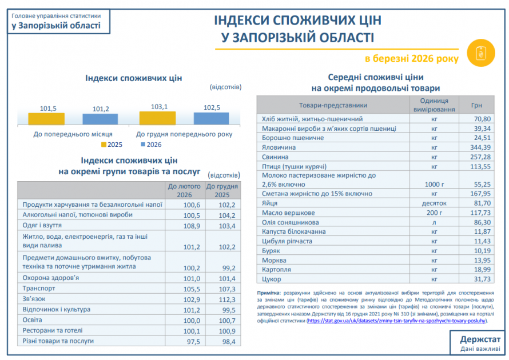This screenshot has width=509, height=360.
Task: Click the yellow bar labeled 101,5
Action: (46, 118)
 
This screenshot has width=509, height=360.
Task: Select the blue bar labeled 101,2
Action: (101, 119)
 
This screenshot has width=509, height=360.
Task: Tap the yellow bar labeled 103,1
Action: (157, 118)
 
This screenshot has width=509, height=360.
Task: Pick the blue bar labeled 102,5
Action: (211, 118)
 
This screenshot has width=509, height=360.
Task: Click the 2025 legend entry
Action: (114, 145)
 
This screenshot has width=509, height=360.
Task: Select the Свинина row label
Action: (274, 157)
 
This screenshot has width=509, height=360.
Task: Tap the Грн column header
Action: (476, 106)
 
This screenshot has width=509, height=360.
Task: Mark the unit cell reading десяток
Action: (434, 203)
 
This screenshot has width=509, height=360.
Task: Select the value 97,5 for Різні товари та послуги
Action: (191, 341)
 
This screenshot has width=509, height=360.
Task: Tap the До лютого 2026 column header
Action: (184, 190)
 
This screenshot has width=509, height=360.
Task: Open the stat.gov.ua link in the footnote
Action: (400, 321)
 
